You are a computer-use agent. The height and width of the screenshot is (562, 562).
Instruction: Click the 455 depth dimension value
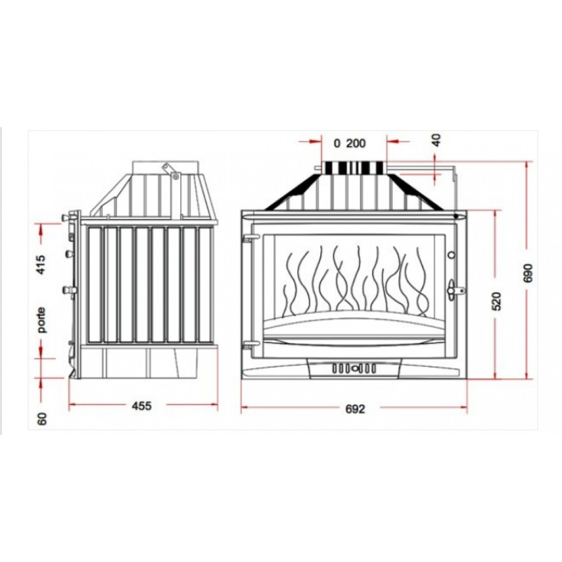click(x=142, y=406)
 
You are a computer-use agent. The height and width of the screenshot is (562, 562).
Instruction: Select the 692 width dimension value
click(x=355, y=409)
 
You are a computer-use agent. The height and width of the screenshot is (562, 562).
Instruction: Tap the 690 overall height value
click(x=529, y=273)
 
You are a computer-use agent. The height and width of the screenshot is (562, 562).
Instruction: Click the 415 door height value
click(x=41, y=265)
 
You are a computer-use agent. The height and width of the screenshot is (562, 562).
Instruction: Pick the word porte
click(x=42, y=320)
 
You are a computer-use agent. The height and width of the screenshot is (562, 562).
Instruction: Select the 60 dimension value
click(x=42, y=418)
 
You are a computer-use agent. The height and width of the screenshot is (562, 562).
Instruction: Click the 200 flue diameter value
click(x=356, y=144)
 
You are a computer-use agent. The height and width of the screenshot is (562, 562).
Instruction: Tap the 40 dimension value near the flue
click(x=437, y=139)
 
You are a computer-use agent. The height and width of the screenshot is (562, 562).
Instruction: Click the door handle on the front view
click(x=455, y=290)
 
